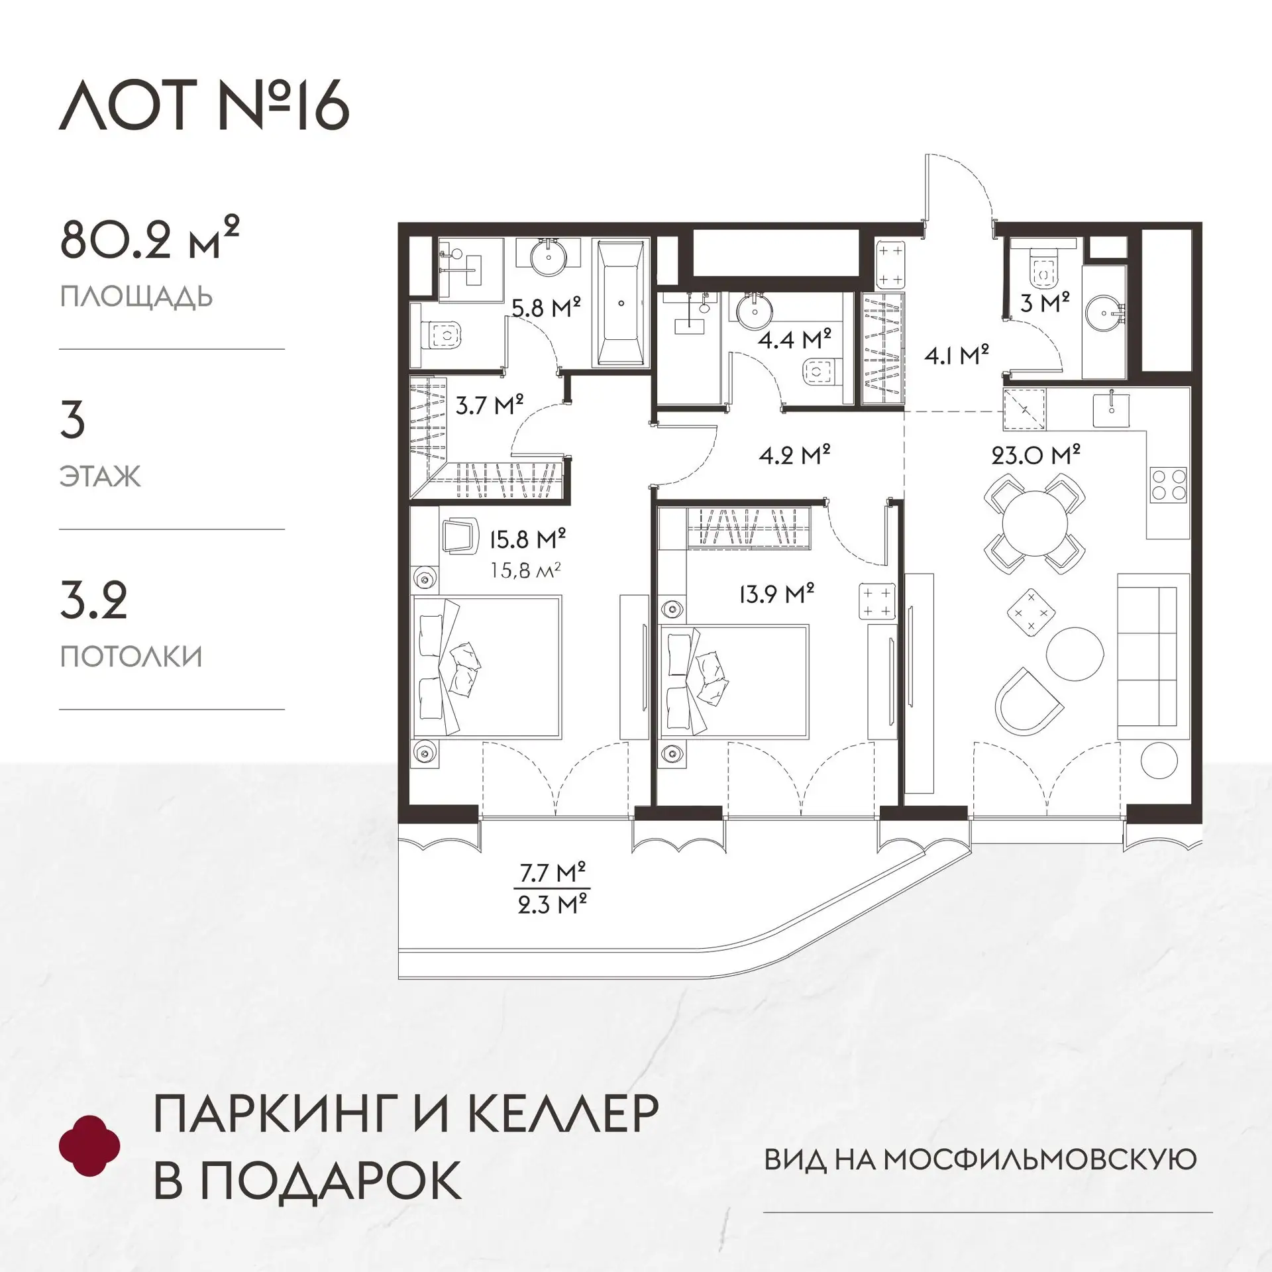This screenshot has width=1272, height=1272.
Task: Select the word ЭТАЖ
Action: pos(101,476)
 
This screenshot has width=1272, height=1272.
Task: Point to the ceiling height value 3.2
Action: pos(93,600)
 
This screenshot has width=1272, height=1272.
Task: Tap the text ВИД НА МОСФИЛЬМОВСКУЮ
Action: pos(980,1160)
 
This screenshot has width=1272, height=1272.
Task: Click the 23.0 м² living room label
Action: pos(1035,455)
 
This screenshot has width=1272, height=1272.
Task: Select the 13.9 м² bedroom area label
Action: pos(776,594)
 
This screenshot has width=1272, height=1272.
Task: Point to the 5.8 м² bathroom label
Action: pos(546,307)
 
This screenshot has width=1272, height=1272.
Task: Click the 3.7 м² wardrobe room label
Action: pos(490,404)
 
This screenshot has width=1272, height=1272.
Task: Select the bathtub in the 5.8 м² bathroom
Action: pos(621,303)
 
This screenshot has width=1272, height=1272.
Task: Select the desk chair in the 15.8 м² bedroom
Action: pos(459,536)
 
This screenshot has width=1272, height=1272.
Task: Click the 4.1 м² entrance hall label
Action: pos(957,356)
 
